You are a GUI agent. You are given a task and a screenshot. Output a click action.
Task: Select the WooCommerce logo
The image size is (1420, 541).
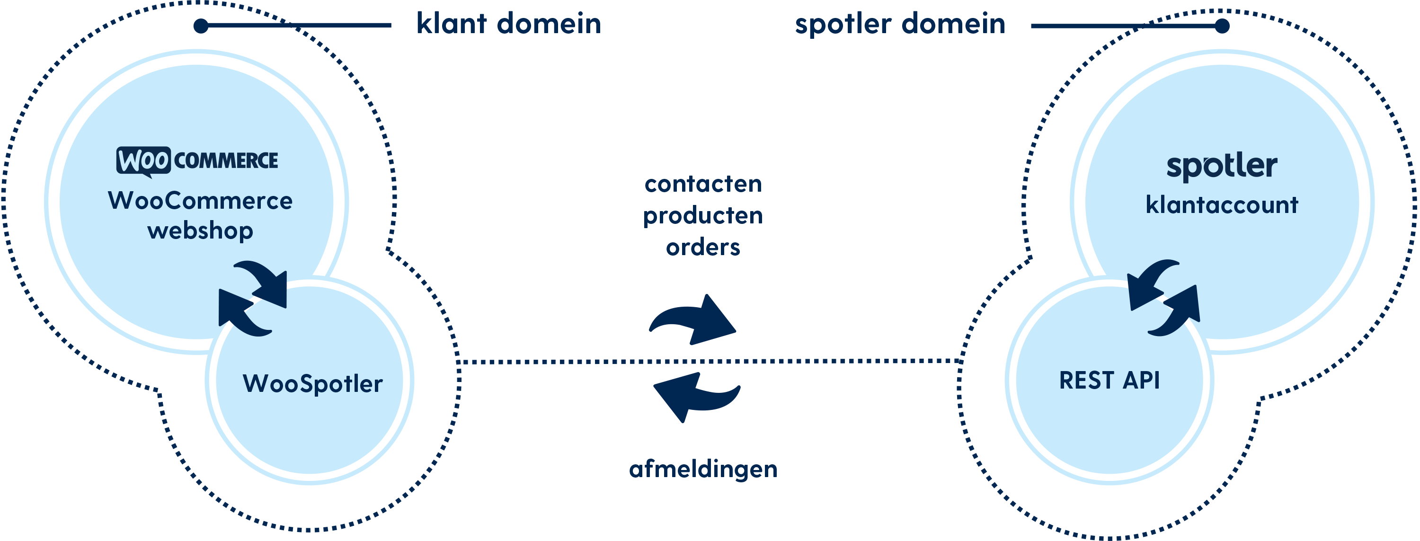[197, 161]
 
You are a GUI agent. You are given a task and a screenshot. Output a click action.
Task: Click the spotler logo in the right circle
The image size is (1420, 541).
[1222, 167]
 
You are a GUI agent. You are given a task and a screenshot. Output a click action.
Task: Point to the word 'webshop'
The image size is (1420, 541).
[200, 231]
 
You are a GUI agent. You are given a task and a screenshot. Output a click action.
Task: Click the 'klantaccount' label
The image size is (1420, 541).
[1222, 205]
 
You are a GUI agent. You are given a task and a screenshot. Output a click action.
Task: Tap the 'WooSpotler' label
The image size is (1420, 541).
[312, 384]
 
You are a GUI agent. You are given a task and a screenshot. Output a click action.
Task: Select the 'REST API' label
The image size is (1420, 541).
[1109, 381]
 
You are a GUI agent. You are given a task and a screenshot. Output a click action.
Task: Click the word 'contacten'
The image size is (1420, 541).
[703, 184]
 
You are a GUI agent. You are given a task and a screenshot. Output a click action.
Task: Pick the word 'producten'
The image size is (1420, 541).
[703, 216]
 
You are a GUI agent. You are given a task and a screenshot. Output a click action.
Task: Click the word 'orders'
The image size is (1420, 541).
[703, 248]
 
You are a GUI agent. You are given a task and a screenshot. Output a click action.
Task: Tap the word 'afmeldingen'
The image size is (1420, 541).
[703, 470]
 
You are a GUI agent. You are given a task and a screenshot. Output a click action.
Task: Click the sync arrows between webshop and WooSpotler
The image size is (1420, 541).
[253, 298]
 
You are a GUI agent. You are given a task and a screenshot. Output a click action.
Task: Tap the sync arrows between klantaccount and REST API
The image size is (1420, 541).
[1163, 298]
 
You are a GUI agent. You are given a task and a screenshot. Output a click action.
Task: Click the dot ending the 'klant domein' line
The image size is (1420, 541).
[201, 26]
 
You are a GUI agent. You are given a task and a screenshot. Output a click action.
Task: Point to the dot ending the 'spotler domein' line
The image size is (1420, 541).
[1222, 26]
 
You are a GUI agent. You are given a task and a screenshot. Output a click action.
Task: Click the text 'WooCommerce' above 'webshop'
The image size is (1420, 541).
[200, 201]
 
